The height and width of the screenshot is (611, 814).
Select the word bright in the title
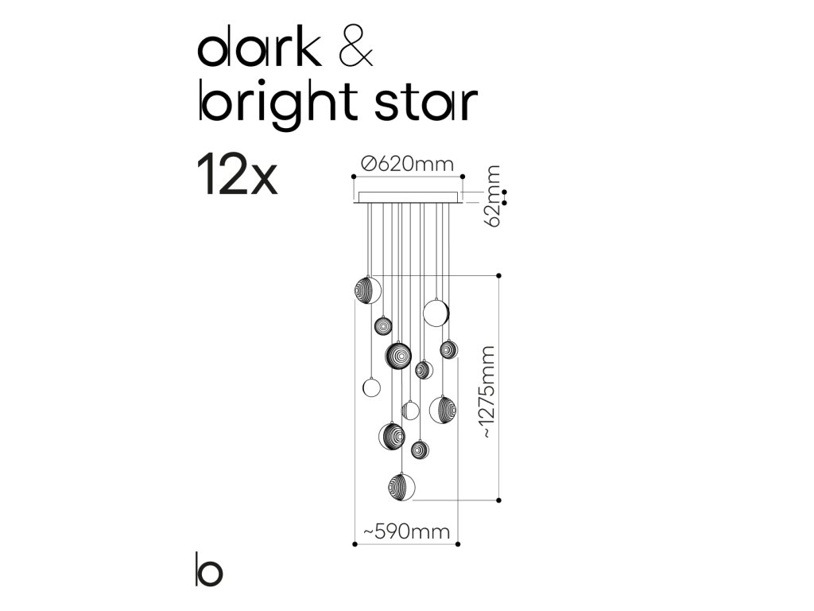point(274,104)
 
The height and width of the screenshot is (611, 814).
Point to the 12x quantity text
point(236,177)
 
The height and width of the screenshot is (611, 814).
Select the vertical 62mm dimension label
point(494,196)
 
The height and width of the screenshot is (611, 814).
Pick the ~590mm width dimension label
point(406,531)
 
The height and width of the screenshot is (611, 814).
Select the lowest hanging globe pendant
point(402,486)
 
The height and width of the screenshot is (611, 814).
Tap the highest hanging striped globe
point(367,289)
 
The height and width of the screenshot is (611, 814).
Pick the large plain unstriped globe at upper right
point(436,312)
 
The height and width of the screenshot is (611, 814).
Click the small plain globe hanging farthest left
point(371,387)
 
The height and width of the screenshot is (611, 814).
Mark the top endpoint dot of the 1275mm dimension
point(498,275)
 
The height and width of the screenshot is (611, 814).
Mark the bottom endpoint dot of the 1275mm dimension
point(498,500)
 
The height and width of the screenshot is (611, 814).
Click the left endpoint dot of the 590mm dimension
point(354,544)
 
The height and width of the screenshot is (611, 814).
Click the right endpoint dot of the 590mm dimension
point(459,544)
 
